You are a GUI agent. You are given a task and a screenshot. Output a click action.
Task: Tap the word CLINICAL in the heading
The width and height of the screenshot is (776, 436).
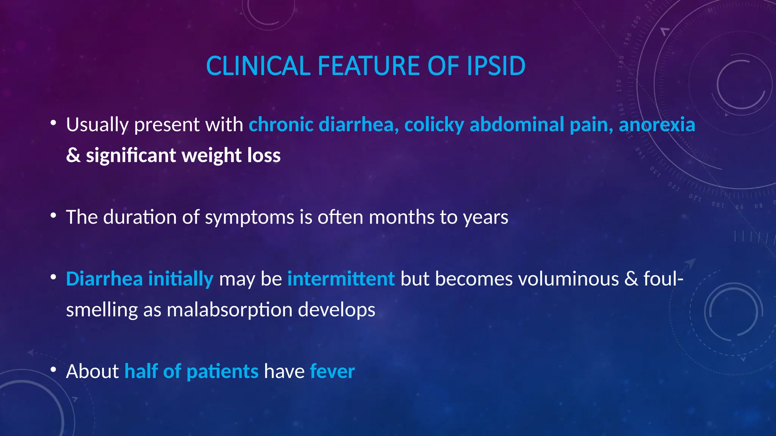point(258,66)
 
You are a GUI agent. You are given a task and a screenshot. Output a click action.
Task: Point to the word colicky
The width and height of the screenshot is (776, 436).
point(434,125)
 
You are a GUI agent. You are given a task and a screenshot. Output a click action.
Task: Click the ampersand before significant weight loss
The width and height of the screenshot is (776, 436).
point(73,156)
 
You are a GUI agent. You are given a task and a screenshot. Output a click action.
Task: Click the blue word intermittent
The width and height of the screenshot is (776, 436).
point(341,279)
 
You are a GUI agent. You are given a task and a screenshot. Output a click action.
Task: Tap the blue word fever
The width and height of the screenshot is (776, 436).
point(332,371)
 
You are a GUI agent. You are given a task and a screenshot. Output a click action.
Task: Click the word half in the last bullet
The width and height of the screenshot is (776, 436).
point(141,371)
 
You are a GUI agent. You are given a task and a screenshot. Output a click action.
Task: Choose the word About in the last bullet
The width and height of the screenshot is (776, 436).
point(92,371)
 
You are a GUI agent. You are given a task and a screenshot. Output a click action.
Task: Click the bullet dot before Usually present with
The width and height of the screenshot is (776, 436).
point(53,123)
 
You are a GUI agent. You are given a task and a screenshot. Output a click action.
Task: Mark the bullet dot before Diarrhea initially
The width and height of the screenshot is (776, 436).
point(53,277)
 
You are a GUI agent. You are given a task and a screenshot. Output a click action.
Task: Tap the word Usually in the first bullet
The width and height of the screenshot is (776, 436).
point(97,125)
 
